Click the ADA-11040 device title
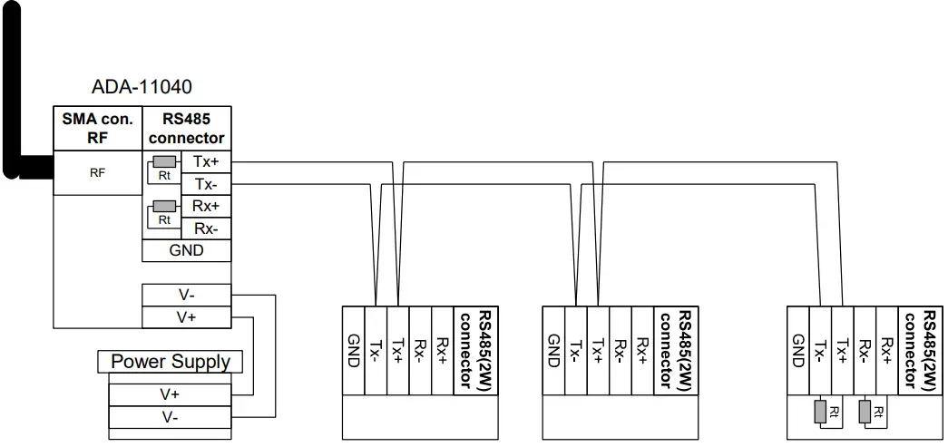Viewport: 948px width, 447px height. [x=142, y=87]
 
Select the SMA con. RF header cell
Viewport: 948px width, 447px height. [x=97, y=128]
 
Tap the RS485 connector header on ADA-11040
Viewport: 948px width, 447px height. [x=186, y=128]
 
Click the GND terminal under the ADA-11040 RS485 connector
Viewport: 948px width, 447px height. [x=186, y=250]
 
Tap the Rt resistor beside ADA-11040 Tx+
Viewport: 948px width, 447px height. [x=164, y=162]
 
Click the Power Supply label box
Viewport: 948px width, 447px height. [x=171, y=362]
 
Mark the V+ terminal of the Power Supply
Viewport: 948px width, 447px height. [x=170, y=394]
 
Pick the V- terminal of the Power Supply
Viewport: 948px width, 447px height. [x=170, y=417]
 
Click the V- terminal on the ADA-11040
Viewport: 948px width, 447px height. [x=186, y=296]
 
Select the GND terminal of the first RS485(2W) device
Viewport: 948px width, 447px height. [x=353, y=349]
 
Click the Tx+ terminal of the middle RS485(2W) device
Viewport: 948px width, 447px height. [x=598, y=349]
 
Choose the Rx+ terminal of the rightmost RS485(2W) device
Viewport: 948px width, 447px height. [x=888, y=349]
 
